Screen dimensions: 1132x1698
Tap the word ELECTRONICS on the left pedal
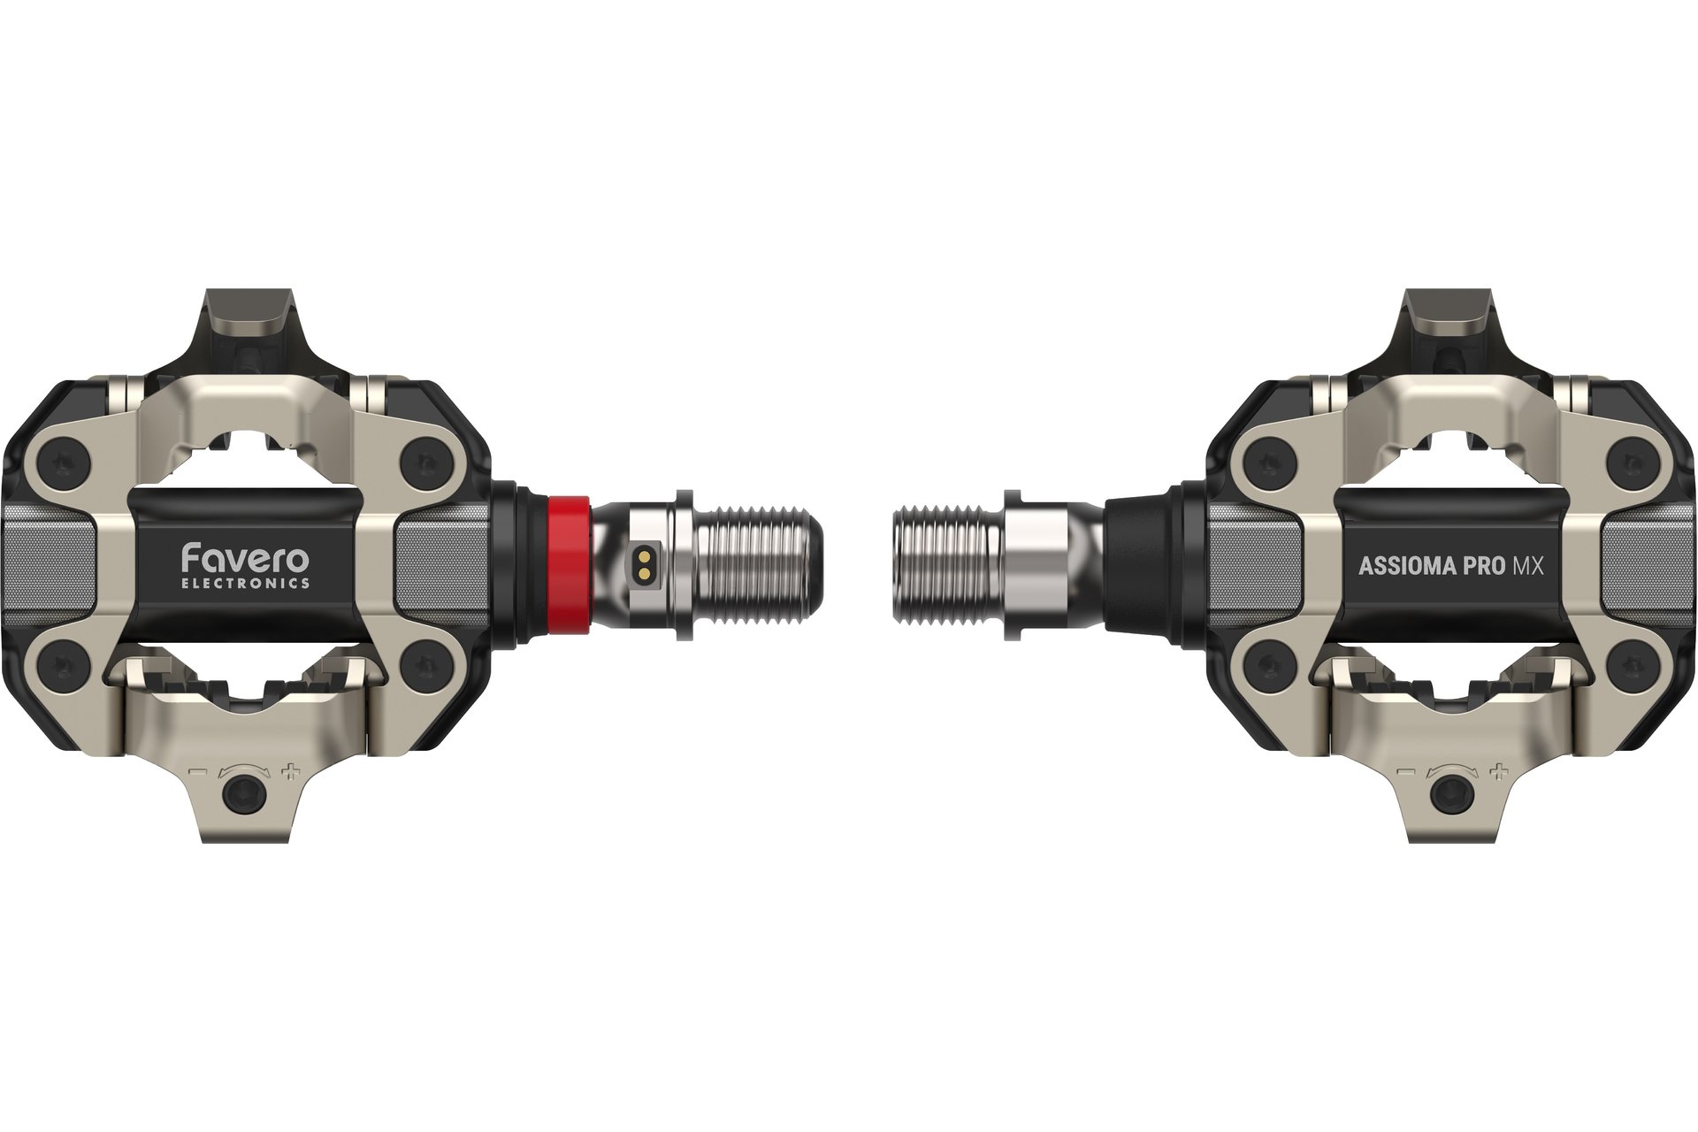[x=245, y=584]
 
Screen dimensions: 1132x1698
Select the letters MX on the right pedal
[x=1527, y=567]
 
